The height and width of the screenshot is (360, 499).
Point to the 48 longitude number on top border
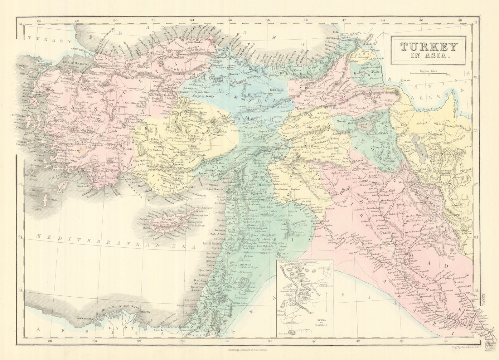pos(460,21)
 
